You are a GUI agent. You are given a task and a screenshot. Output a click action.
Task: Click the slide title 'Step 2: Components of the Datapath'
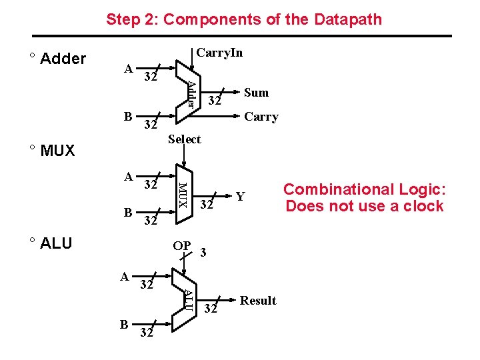point(244,19)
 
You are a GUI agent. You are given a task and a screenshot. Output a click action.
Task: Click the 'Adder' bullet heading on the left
point(63,59)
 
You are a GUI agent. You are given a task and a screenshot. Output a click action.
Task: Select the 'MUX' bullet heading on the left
point(57,151)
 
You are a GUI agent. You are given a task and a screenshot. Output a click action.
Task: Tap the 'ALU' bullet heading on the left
point(56,243)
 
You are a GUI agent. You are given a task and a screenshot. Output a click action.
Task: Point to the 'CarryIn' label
point(219,53)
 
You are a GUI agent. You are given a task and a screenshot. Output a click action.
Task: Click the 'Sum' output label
point(256,93)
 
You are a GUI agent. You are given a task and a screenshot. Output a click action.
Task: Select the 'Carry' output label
point(261,117)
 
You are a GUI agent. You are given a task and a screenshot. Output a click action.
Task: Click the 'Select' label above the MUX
point(185,139)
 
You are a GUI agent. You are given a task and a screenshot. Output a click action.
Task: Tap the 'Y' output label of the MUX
point(241,196)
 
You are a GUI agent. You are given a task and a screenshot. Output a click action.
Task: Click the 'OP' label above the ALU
point(181,246)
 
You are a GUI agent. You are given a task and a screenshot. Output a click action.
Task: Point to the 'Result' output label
point(258,301)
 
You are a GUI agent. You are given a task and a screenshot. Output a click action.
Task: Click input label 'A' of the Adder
point(129,68)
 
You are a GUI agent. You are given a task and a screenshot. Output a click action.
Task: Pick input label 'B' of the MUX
point(128,213)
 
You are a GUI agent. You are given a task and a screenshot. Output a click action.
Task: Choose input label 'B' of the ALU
point(124,325)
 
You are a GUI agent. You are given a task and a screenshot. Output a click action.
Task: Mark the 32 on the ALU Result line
point(211,309)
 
